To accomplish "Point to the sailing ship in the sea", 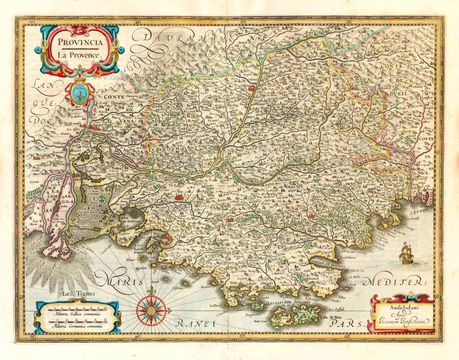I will (406, 253).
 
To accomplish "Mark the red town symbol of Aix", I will (179, 197).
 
